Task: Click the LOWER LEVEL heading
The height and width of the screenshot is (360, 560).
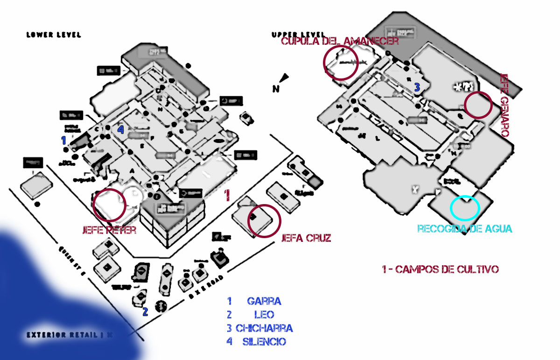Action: click(x=54, y=35)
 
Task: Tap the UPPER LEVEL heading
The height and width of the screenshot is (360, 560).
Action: click(x=298, y=35)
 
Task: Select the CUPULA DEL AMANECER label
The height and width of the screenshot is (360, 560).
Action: click(x=340, y=41)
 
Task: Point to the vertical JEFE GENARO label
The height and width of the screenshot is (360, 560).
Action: click(x=504, y=104)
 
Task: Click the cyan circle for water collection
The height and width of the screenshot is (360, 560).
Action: click(x=465, y=208)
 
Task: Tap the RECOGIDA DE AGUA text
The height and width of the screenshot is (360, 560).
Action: click(x=465, y=229)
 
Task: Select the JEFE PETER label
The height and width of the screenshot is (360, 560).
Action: click(x=109, y=230)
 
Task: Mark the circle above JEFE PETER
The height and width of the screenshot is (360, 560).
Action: click(x=110, y=205)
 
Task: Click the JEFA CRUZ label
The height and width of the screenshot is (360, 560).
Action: click(x=306, y=238)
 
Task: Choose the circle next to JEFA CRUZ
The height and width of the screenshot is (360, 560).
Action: click(x=264, y=220)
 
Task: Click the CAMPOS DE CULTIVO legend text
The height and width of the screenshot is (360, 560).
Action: click(x=440, y=269)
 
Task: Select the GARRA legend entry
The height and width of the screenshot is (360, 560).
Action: click(x=264, y=301)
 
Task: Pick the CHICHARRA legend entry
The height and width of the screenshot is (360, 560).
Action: click(x=264, y=328)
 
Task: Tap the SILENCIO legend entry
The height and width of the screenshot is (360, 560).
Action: click(x=264, y=342)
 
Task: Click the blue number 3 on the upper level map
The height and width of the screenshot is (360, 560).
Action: click(x=417, y=87)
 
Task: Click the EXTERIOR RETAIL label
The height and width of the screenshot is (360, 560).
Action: click(x=70, y=335)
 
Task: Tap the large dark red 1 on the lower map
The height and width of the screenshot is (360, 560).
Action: click(x=227, y=195)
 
